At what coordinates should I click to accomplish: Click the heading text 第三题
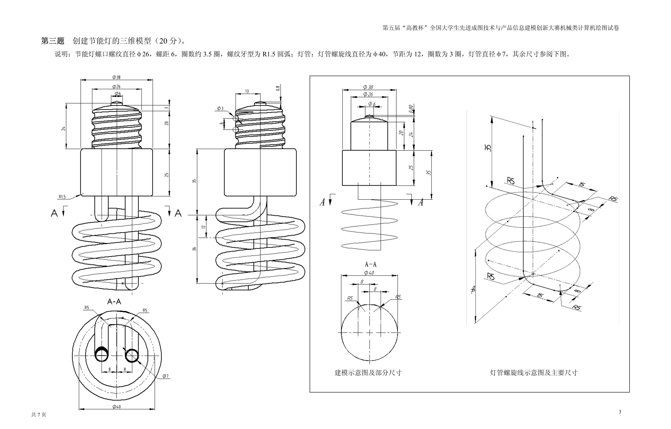pos(53,41)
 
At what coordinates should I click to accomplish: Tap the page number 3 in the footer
pos(620,412)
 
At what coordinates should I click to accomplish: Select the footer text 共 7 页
pos(39,415)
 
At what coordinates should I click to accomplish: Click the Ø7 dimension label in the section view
pos(166,376)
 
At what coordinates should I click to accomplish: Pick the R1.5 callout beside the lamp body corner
pos(62,197)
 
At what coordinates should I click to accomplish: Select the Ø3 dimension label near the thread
pos(220,108)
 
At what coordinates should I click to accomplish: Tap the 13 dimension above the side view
pos(247,91)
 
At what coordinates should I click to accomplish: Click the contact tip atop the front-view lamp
pos(117,103)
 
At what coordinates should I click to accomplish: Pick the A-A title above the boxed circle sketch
pos(370,264)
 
